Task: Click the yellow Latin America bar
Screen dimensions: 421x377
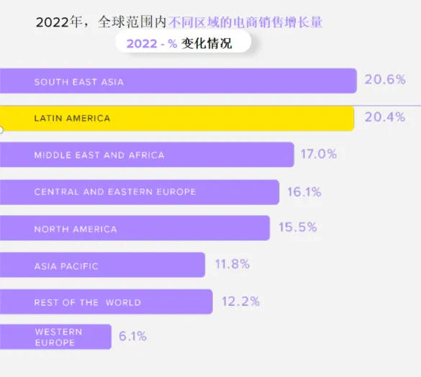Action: tap(177, 119)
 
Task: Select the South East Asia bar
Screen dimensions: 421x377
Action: tap(178, 81)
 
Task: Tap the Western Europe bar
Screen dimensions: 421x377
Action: tap(55, 337)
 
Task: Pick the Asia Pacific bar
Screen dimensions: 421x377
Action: tap(103, 265)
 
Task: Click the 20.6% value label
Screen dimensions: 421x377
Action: tap(385, 79)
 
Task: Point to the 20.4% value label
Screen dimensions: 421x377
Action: tap(385, 117)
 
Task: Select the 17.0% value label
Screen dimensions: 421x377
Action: tap(319, 154)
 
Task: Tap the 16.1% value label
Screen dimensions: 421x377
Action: tap(304, 192)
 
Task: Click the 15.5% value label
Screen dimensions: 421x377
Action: tap(298, 227)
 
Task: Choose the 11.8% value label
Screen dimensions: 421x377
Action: tap(232, 264)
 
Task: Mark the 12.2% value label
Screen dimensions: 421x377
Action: tap(240, 301)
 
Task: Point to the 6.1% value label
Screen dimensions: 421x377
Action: tap(132, 336)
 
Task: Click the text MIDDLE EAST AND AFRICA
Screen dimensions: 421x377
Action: tap(99, 155)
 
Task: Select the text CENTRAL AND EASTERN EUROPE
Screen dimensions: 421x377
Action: tap(115, 192)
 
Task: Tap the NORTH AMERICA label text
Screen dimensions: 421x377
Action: tap(76, 230)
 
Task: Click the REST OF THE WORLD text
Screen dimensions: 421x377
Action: tap(88, 303)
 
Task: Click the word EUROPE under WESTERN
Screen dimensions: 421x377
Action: tap(55, 342)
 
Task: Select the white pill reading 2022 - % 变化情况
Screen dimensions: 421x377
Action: tap(183, 42)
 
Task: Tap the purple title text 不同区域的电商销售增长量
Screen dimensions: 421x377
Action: tap(245, 22)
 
